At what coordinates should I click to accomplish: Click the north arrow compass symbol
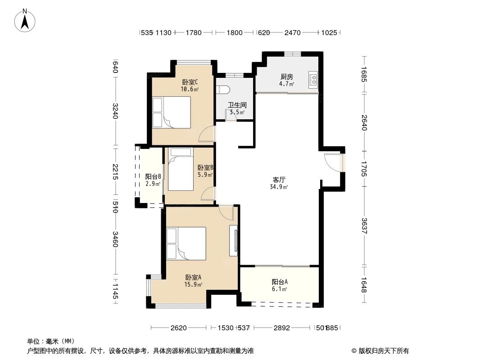click(x=26, y=21)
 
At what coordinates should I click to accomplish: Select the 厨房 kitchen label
click(x=286, y=76)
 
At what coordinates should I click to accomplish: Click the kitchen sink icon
click(x=313, y=80)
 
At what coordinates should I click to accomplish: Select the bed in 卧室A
click(x=186, y=243)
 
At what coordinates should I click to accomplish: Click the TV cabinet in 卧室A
click(x=233, y=240)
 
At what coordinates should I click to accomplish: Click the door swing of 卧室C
click(x=207, y=134)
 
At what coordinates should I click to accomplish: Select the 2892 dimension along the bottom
click(x=282, y=328)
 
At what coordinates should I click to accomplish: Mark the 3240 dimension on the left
click(x=115, y=111)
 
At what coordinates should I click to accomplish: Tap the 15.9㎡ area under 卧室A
click(x=193, y=284)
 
